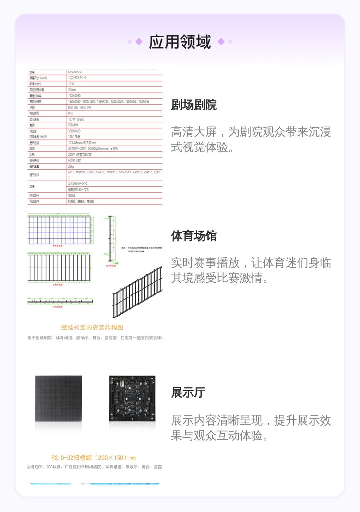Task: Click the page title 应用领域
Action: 180,42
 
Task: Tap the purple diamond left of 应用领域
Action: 139,42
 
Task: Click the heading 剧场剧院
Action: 194,105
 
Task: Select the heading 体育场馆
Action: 194,236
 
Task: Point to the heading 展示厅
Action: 188,392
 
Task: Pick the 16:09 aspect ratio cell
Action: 71,84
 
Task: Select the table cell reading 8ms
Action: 71,113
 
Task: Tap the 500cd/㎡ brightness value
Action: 74,125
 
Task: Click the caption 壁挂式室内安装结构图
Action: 92,327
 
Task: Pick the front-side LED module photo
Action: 58,399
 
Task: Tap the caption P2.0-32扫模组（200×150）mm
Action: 93,458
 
